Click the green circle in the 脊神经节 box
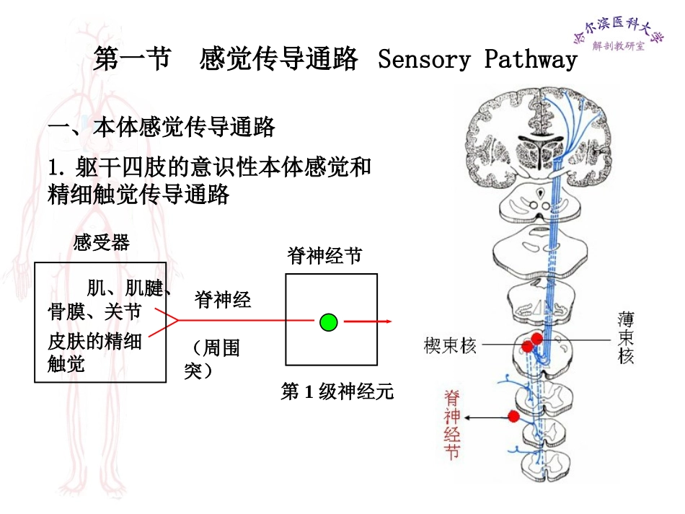(329, 322)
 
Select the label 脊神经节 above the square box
(325, 256)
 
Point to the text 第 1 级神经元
(337, 392)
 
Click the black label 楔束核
(450, 346)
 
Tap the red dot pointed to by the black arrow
(513, 416)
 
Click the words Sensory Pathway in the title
(477, 59)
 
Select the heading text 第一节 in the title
(132, 59)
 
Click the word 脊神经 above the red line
(223, 299)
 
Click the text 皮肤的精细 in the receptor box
(94, 340)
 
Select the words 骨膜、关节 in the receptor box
(94, 312)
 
